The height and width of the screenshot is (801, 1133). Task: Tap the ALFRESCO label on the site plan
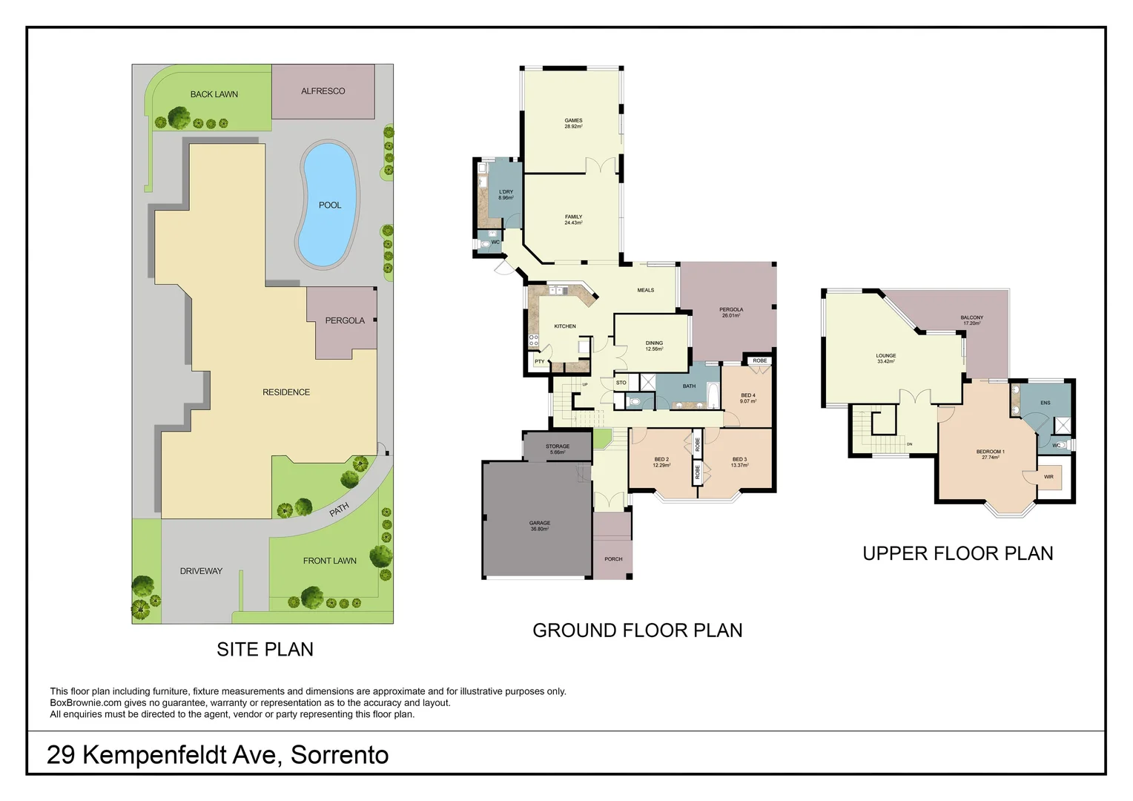coord(323,91)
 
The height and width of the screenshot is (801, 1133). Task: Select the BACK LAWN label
coord(214,94)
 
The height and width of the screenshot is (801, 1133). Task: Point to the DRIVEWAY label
coord(201,571)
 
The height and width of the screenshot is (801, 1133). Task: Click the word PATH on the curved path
coord(339,510)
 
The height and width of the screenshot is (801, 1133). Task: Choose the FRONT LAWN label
coord(329,561)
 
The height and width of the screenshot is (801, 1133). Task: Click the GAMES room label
coord(573,120)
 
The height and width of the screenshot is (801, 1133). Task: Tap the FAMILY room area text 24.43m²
coord(573,223)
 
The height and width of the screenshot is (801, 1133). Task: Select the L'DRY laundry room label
coord(506,192)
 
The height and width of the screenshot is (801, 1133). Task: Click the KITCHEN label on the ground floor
coord(565,326)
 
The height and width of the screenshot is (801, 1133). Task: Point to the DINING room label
coord(654,343)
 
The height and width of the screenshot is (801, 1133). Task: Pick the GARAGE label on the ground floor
coord(540,523)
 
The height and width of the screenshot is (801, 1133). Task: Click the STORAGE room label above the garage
coord(558,446)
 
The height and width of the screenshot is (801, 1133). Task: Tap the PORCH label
coord(613,559)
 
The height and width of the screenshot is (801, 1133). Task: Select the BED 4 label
coord(748,395)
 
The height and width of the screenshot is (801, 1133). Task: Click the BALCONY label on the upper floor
coord(971,317)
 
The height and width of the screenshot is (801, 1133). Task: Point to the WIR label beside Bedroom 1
coord(1048,477)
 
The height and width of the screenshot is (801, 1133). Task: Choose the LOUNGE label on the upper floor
coord(886,355)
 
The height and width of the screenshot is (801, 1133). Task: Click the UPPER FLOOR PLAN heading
coord(957,553)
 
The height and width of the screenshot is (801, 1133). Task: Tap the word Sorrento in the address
coord(340,755)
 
